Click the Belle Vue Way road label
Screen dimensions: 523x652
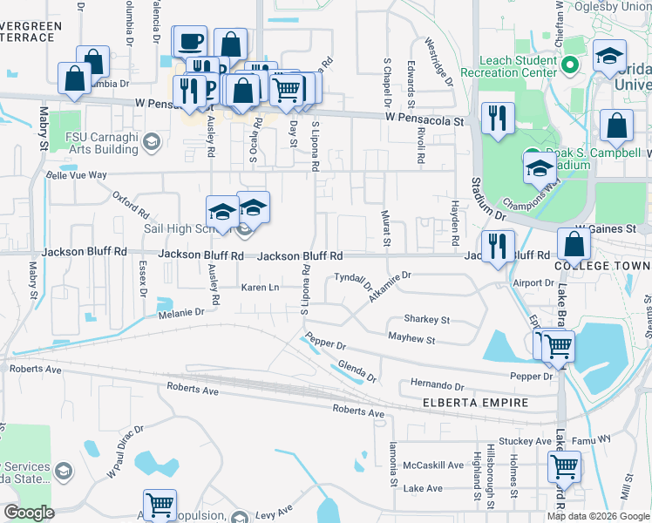(x=76, y=175)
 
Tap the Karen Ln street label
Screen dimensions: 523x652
(x=260, y=287)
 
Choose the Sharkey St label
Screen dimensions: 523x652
(x=426, y=320)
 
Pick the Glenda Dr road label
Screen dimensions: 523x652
(x=357, y=371)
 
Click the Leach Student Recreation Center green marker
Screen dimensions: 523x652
(x=571, y=65)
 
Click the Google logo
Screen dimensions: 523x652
(x=29, y=513)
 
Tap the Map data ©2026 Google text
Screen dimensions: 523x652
(x=597, y=516)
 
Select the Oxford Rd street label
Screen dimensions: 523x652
(x=132, y=207)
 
